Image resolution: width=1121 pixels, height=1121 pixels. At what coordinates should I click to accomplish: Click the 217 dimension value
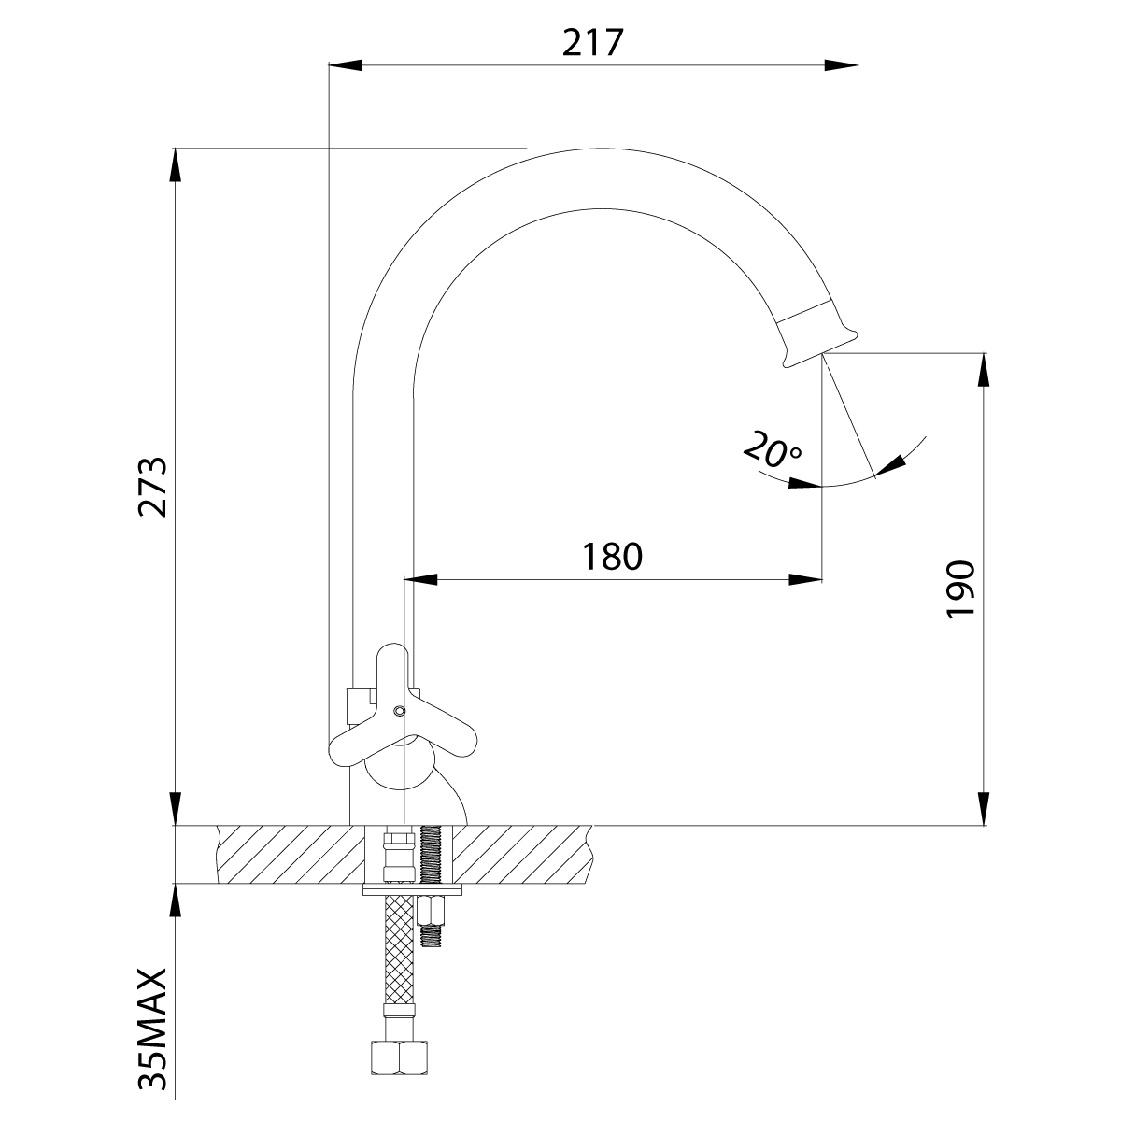tap(593, 42)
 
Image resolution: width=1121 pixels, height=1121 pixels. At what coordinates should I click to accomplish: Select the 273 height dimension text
tap(152, 488)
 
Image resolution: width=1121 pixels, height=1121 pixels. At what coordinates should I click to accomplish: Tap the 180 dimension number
tap(612, 556)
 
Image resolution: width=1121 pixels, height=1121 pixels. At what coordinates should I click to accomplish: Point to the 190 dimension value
tap(960, 589)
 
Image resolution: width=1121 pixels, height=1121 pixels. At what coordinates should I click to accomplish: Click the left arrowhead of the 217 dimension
tap(345, 65)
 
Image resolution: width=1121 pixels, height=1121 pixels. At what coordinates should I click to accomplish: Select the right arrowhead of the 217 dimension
tap(842, 65)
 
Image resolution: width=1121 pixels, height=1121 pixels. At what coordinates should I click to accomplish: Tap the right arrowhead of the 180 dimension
tap(805, 579)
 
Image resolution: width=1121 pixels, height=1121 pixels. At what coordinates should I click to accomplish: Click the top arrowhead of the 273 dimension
tap(176, 165)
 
